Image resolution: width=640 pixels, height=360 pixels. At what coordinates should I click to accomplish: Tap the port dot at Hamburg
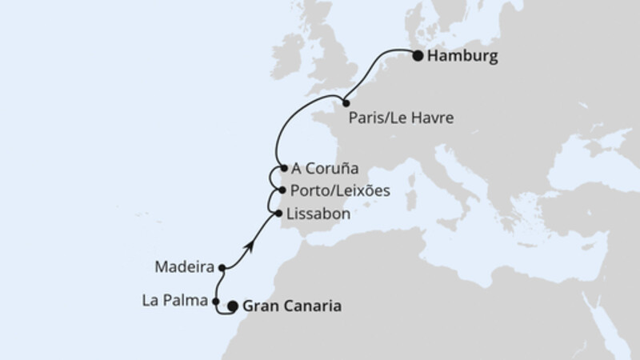pyautogui.click(x=418, y=55)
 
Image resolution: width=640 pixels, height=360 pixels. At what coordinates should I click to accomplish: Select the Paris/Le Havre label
pyautogui.click(x=402, y=118)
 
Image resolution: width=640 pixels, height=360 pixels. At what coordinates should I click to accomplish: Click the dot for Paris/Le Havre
pyautogui.click(x=346, y=102)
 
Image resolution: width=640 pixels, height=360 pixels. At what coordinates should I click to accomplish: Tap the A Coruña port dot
pyautogui.click(x=284, y=169)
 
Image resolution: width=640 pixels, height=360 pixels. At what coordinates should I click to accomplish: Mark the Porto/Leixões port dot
pyautogui.click(x=281, y=190)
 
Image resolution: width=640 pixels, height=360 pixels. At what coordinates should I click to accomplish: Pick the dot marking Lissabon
pyautogui.click(x=278, y=214)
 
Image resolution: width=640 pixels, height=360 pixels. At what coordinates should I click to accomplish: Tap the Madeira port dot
pyautogui.click(x=222, y=268)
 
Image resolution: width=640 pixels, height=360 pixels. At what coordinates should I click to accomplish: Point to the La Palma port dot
pyautogui.click(x=216, y=302)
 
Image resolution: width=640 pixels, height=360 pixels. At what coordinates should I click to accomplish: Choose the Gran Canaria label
pyautogui.click(x=292, y=306)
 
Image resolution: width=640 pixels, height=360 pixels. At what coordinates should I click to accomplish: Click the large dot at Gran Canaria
pyautogui.click(x=233, y=306)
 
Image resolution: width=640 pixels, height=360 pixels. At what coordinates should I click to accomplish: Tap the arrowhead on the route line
pyautogui.click(x=251, y=246)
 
